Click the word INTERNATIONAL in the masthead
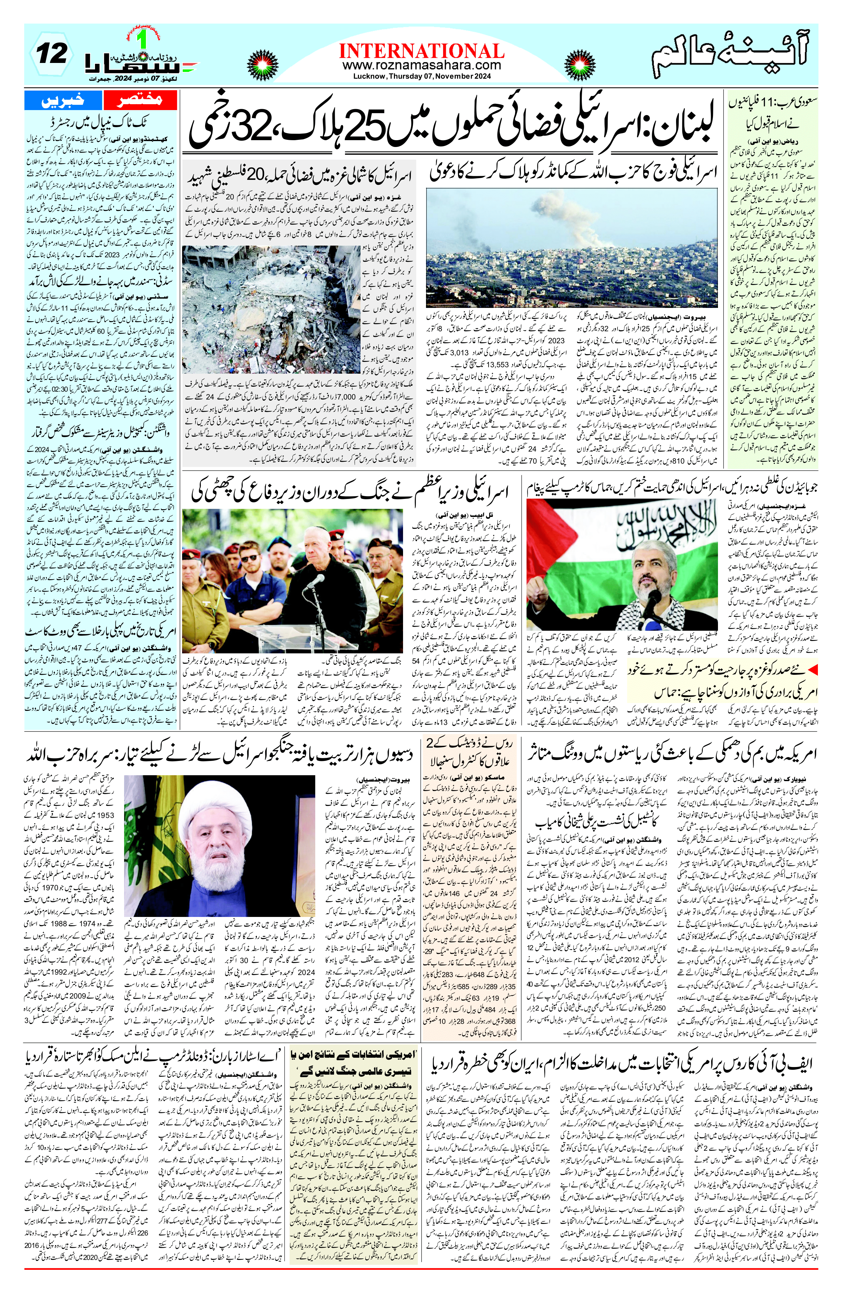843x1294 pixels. (x=421, y=51)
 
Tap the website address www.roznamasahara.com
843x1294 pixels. (x=421, y=65)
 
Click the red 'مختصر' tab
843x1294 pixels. (x=140, y=100)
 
